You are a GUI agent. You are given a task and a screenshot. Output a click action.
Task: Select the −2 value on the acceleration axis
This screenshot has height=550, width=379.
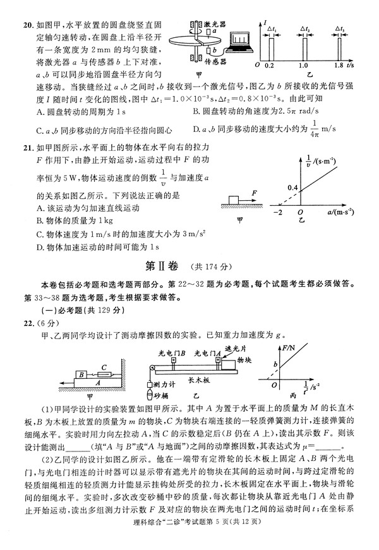(x=275, y=212)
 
